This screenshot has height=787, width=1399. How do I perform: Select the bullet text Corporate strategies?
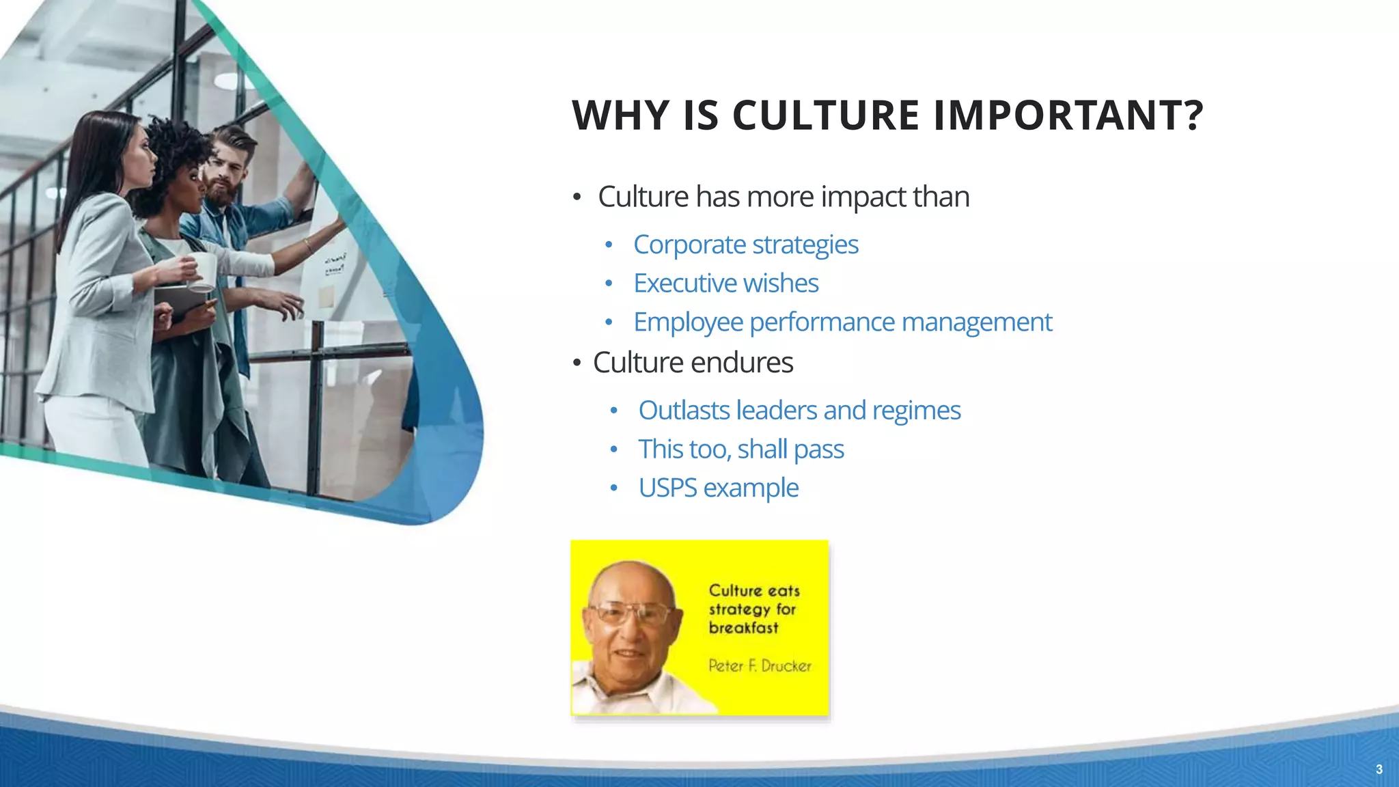pos(745,245)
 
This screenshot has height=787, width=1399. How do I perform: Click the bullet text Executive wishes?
pos(725,284)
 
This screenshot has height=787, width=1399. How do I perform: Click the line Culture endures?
pos(693,363)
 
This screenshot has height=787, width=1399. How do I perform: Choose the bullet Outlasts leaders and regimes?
pos(799,411)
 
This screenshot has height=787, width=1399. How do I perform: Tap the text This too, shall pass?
pos(741,450)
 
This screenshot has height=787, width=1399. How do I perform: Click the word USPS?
pos(667,488)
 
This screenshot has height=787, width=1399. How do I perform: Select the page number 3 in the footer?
pos(1379,769)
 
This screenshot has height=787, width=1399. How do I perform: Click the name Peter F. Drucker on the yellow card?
pos(760,665)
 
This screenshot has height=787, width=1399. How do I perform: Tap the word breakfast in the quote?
pos(743,628)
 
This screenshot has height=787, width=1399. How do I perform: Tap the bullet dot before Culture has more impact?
pos(577,197)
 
